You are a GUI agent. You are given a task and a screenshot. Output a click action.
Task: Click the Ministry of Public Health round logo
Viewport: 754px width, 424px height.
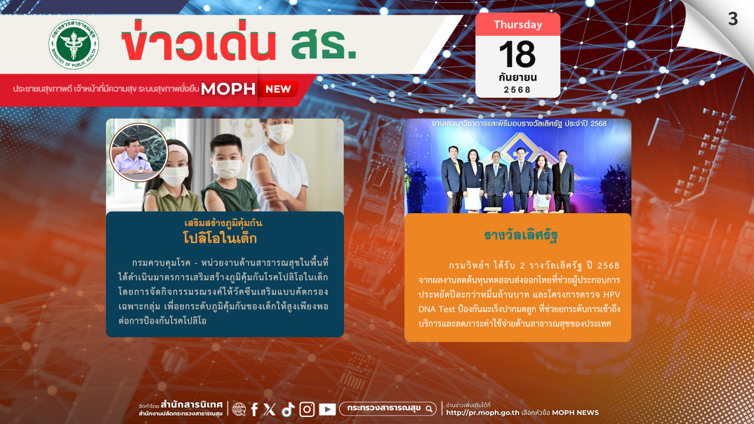pos(74,44)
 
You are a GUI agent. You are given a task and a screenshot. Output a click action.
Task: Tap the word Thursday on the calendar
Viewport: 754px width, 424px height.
pos(518,24)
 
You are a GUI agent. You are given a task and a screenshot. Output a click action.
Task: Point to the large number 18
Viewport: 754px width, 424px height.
pos(517,54)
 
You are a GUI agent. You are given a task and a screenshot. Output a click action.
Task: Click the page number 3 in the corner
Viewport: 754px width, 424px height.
pos(733,19)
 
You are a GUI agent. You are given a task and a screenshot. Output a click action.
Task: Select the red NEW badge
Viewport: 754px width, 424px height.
pos(279,89)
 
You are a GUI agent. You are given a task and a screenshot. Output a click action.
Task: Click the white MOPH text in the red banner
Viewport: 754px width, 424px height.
pos(228,89)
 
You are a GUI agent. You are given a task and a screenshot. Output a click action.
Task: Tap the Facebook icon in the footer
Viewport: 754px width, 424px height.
pos(254,409)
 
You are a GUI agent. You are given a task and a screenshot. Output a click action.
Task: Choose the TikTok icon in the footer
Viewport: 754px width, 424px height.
pos(288,409)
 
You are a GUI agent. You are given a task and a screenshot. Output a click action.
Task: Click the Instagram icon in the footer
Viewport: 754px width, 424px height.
pos(307,409)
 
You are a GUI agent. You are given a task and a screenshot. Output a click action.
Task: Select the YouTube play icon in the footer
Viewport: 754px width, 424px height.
pos(327,409)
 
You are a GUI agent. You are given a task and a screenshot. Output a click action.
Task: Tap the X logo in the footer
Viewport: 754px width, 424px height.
pos(270,409)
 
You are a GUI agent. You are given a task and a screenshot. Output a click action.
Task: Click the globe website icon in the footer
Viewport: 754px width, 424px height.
pos(239,409)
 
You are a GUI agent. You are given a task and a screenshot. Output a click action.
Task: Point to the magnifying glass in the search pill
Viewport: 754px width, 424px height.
pos(429,409)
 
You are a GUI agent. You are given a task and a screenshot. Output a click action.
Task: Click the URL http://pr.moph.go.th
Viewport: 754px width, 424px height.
pos(483,413)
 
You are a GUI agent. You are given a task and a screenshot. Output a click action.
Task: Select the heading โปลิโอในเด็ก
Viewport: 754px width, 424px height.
pos(220,238)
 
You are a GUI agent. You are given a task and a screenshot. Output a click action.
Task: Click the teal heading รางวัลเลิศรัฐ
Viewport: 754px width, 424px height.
pos(521,235)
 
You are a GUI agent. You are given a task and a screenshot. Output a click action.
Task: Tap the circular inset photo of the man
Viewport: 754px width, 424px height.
pos(139,153)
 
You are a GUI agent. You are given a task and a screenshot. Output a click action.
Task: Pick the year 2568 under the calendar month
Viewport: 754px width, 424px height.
pos(517,90)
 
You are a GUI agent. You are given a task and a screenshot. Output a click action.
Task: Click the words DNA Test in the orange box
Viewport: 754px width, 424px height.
pos(436,309)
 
